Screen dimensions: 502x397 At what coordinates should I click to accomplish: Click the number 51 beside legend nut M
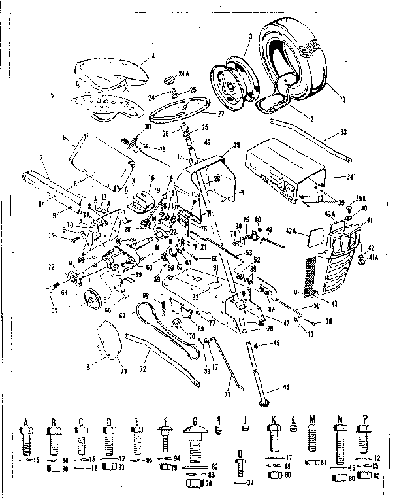coord(322,463)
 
